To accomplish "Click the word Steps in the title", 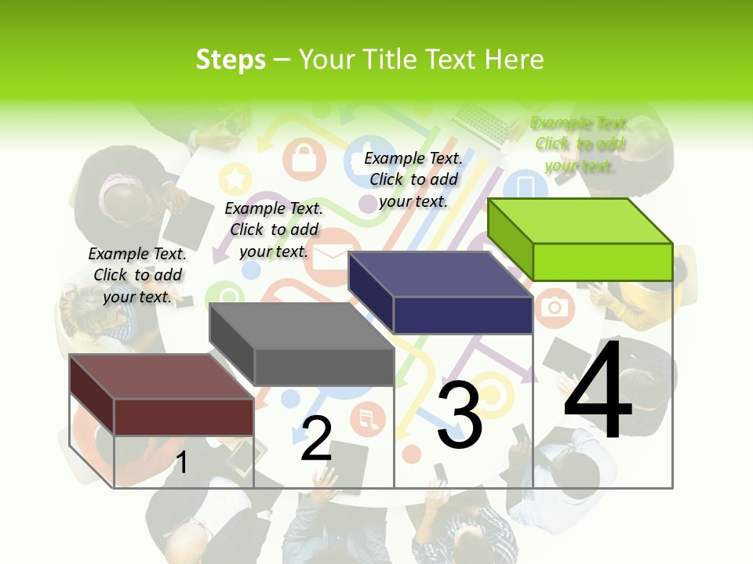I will click(x=231, y=60).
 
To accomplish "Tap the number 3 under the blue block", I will click(x=459, y=415).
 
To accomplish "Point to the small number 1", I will click(x=181, y=462).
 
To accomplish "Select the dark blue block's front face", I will click(x=463, y=315).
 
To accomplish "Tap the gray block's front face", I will click(x=324, y=367).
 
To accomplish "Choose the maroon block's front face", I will click(x=184, y=417).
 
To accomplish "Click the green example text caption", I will click(x=579, y=144).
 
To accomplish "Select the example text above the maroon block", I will click(x=137, y=275).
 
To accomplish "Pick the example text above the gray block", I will click(x=274, y=230).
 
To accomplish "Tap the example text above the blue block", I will click(x=413, y=179).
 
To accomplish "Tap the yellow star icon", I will click(x=235, y=179).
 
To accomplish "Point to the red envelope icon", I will click(x=328, y=257).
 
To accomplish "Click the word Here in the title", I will click(x=515, y=60).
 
